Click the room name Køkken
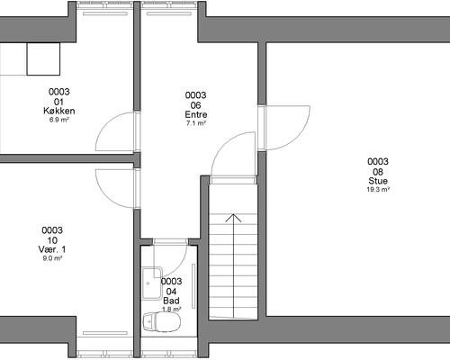click(x=59, y=111)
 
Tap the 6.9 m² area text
click(x=59, y=120)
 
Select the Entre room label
click(x=196, y=114)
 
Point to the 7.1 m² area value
click(x=196, y=123)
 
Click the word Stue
click(x=378, y=181)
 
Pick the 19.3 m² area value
click(x=378, y=190)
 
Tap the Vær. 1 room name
click(x=52, y=249)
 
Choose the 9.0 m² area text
click(x=52, y=258)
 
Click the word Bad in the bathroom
click(x=171, y=301)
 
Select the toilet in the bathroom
click(x=162, y=322)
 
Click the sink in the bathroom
click(x=152, y=283)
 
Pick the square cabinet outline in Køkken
click(x=43, y=58)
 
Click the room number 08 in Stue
click(x=378, y=172)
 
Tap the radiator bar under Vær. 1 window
click(x=105, y=333)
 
